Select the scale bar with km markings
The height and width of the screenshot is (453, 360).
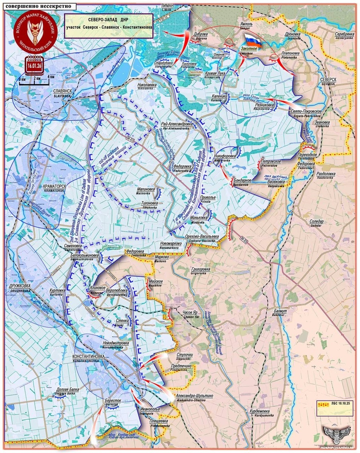[34, 80]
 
